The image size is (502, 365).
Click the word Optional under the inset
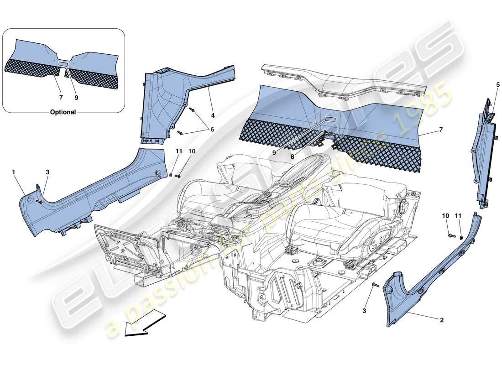[x=63, y=112]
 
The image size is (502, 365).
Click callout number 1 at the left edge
[x=14, y=172]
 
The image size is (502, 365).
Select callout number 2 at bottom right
[x=441, y=320]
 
